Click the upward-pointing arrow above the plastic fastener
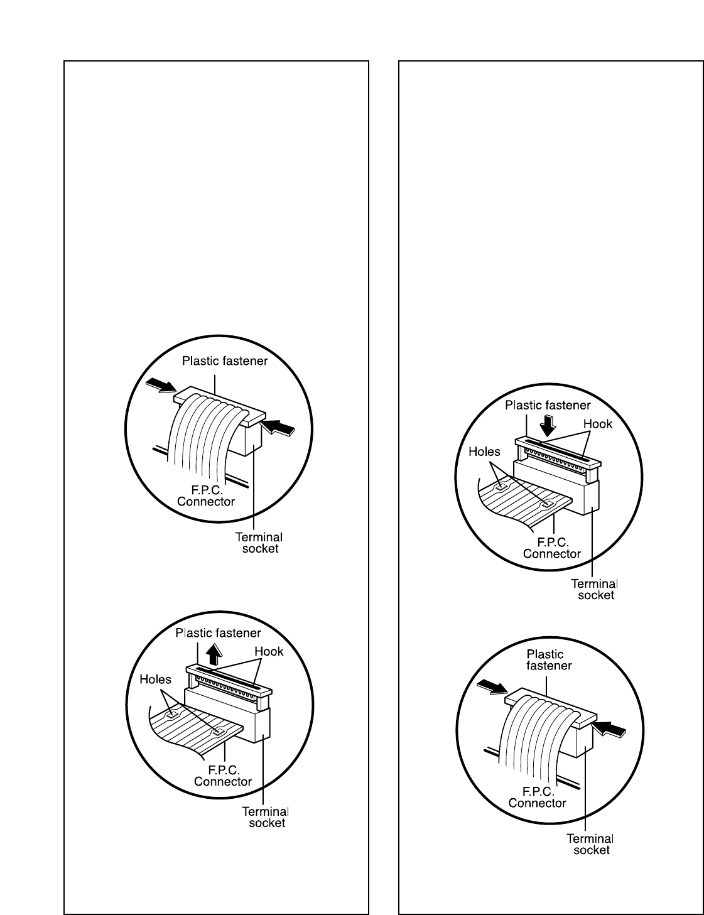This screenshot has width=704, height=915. coord(215,654)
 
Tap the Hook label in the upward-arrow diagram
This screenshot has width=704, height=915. coord(269,651)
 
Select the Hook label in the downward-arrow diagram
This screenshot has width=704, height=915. coord(597,424)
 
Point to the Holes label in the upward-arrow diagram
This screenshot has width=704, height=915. coord(155,679)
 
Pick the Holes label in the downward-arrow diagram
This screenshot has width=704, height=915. coord(484,452)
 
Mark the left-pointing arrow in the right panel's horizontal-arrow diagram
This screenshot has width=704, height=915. coord(610,728)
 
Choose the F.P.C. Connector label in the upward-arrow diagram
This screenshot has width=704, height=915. coord(222,776)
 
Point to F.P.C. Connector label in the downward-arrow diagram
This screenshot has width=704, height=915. coord(552,548)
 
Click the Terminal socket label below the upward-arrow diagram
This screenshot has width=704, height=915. coord(266,817)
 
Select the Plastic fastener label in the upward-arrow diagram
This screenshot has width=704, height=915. coord(218,632)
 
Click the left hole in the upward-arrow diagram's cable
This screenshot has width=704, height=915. coord(170,715)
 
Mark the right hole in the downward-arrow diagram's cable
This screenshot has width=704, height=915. coord(547,504)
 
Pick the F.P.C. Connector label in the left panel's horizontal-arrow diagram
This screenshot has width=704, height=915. coord(206,495)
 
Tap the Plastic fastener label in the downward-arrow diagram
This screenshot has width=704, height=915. coord(548,405)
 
